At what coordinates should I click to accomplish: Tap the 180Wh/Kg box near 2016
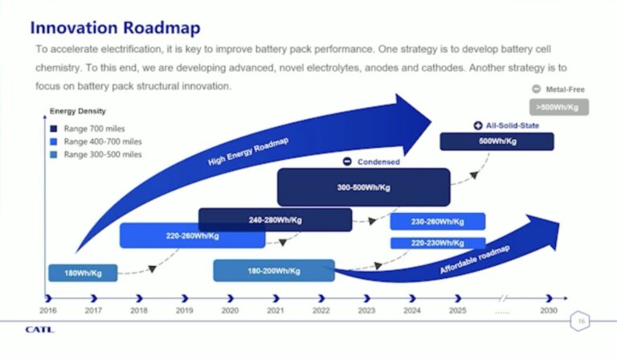tap(82, 273)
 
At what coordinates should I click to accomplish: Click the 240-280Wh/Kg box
tap(275, 219)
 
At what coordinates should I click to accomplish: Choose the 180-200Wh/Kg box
tap(273, 271)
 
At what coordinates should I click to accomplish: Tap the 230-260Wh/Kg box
tap(438, 222)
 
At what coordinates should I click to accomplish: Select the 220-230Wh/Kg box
tap(438, 243)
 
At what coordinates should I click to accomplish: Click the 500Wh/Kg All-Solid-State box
tap(496, 141)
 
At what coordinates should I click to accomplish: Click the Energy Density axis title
tap(78, 111)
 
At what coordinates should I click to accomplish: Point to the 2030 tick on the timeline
tap(548, 298)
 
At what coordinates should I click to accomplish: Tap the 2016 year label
tap(49, 309)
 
